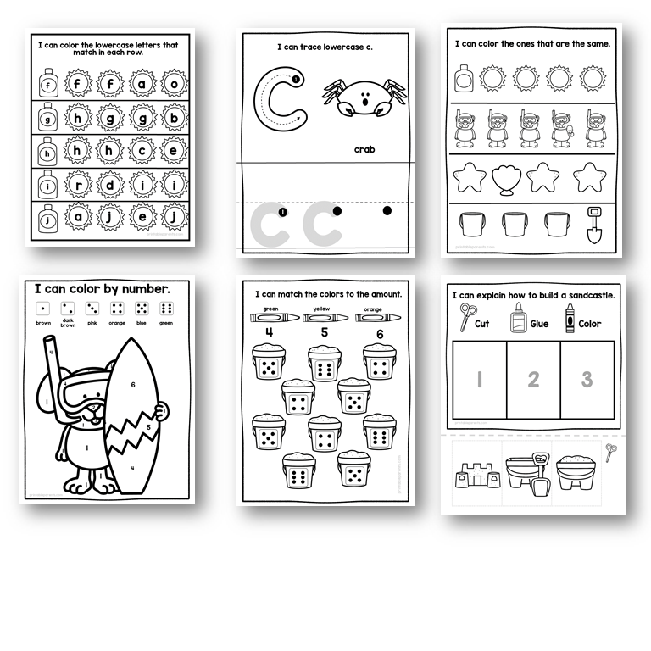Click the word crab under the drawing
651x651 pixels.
coord(364,150)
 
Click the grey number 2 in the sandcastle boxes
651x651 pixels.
coord(532,379)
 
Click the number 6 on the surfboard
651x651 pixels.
coord(132,385)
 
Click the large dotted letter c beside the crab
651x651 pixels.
coord(277,103)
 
